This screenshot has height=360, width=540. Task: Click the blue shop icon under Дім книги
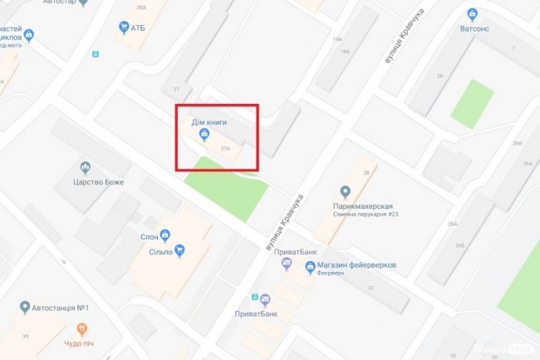point(205,134)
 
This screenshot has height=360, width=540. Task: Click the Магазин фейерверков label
point(356,264)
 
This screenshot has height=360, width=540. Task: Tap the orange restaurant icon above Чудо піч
point(81,329)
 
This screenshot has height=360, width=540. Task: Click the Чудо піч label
point(81,343)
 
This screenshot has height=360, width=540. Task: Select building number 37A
point(225,149)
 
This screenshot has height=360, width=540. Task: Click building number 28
point(366,173)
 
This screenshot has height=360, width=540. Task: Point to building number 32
point(371,288)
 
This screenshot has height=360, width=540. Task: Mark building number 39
point(26,336)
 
